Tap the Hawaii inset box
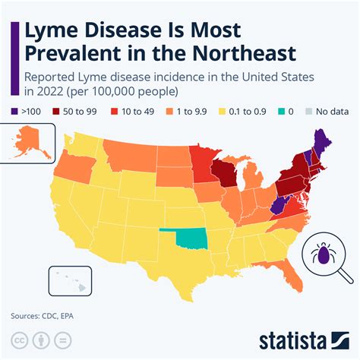tap(65, 279)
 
